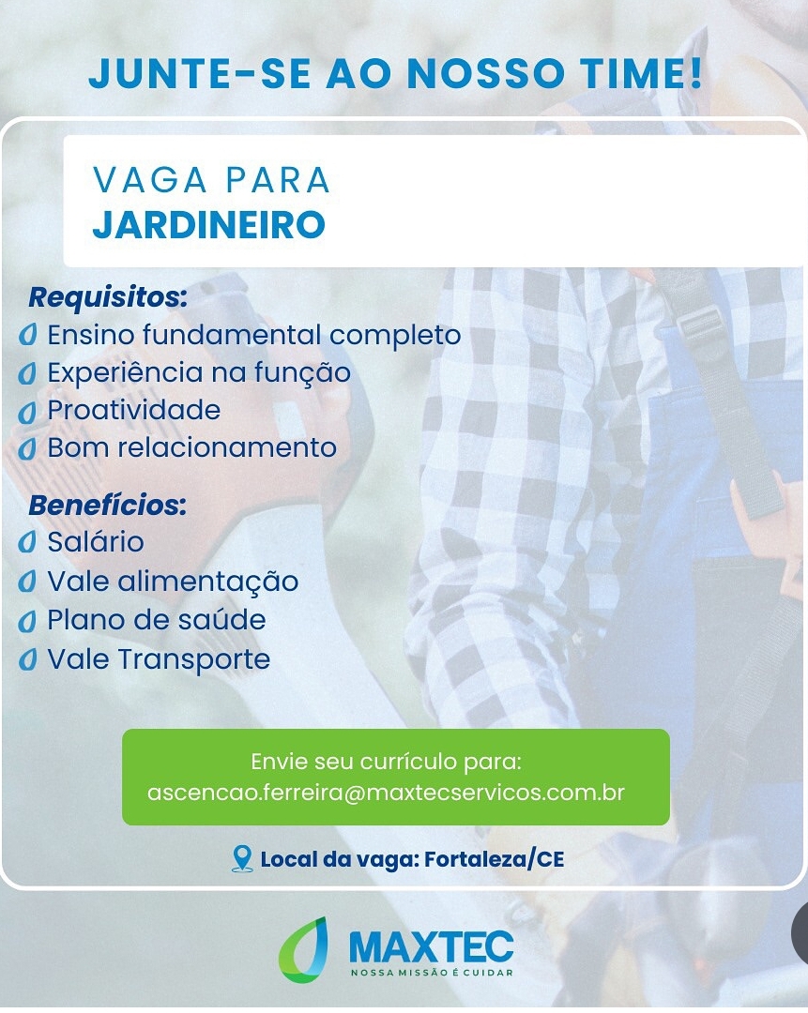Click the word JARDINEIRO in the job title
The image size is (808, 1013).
click(x=208, y=224)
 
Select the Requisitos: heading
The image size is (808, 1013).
click(x=108, y=298)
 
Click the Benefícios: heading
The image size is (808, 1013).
click(x=107, y=506)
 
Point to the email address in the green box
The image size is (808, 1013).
click(x=386, y=793)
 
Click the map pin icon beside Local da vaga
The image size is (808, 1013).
click(x=242, y=859)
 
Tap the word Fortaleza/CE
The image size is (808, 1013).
click(x=495, y=859)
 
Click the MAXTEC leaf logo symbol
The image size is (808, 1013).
click(x=303, y=949)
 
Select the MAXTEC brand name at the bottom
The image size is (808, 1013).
click(x=431, y=947)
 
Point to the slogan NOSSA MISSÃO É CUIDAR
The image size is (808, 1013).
click(x=432, y=973)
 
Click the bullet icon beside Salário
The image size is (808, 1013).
click(x=27, y=543)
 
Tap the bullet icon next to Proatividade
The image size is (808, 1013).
click(x=27, y=412)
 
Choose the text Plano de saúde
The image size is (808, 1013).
click(x=157, y=620)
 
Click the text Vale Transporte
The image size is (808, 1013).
click(x=159, y=659)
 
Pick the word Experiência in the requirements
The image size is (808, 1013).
click(x=126, y=372)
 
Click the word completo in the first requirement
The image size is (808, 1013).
click(x=395, y=336)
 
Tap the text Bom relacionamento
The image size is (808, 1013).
click(x=192, y=447)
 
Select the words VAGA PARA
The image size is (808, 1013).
click(x=211, y=179)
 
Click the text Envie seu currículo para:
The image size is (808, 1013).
click(x=386, y=762)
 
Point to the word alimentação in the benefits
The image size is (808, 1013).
click(x=207, y=582)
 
